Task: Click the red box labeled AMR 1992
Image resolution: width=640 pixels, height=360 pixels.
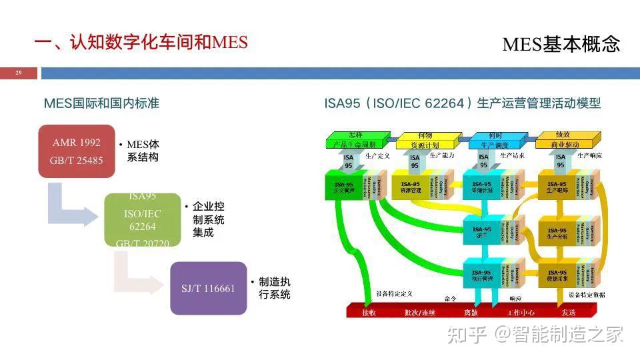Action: (77, 151)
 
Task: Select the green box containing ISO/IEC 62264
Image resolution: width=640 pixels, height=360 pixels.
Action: (143, 220)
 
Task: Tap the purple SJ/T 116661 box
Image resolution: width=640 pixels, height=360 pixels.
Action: (209, 288)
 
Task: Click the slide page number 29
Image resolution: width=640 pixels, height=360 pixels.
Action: (18, 73)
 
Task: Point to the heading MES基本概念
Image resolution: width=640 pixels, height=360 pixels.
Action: (561, 45)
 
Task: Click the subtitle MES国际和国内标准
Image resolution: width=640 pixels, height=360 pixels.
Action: (101, 103)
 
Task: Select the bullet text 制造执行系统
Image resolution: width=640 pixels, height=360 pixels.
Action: (274, 288)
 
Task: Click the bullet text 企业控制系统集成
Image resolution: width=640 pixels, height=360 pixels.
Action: (208, 220)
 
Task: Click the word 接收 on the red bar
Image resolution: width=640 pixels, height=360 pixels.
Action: (369, 312)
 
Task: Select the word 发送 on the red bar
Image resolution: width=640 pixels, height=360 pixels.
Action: (568, 312)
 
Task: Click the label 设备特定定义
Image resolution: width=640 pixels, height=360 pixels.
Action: (394, 294)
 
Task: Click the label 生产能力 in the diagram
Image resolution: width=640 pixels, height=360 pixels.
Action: (441, 155)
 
